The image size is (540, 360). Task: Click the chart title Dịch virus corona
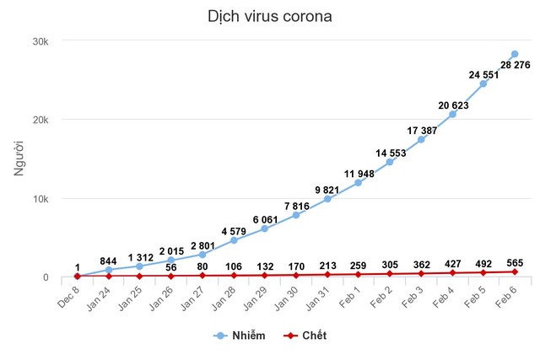(x=270, y=17)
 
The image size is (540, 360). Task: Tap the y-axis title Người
(x=19, y=159)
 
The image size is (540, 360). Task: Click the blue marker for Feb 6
(x=514, y=54)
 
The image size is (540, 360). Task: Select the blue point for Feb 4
(x=452, y=114)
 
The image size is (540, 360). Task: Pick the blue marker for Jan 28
(x=234, y=240)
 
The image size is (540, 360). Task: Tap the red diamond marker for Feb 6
(x=514, y=272)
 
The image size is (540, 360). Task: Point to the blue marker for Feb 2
(x=390, y=161)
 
